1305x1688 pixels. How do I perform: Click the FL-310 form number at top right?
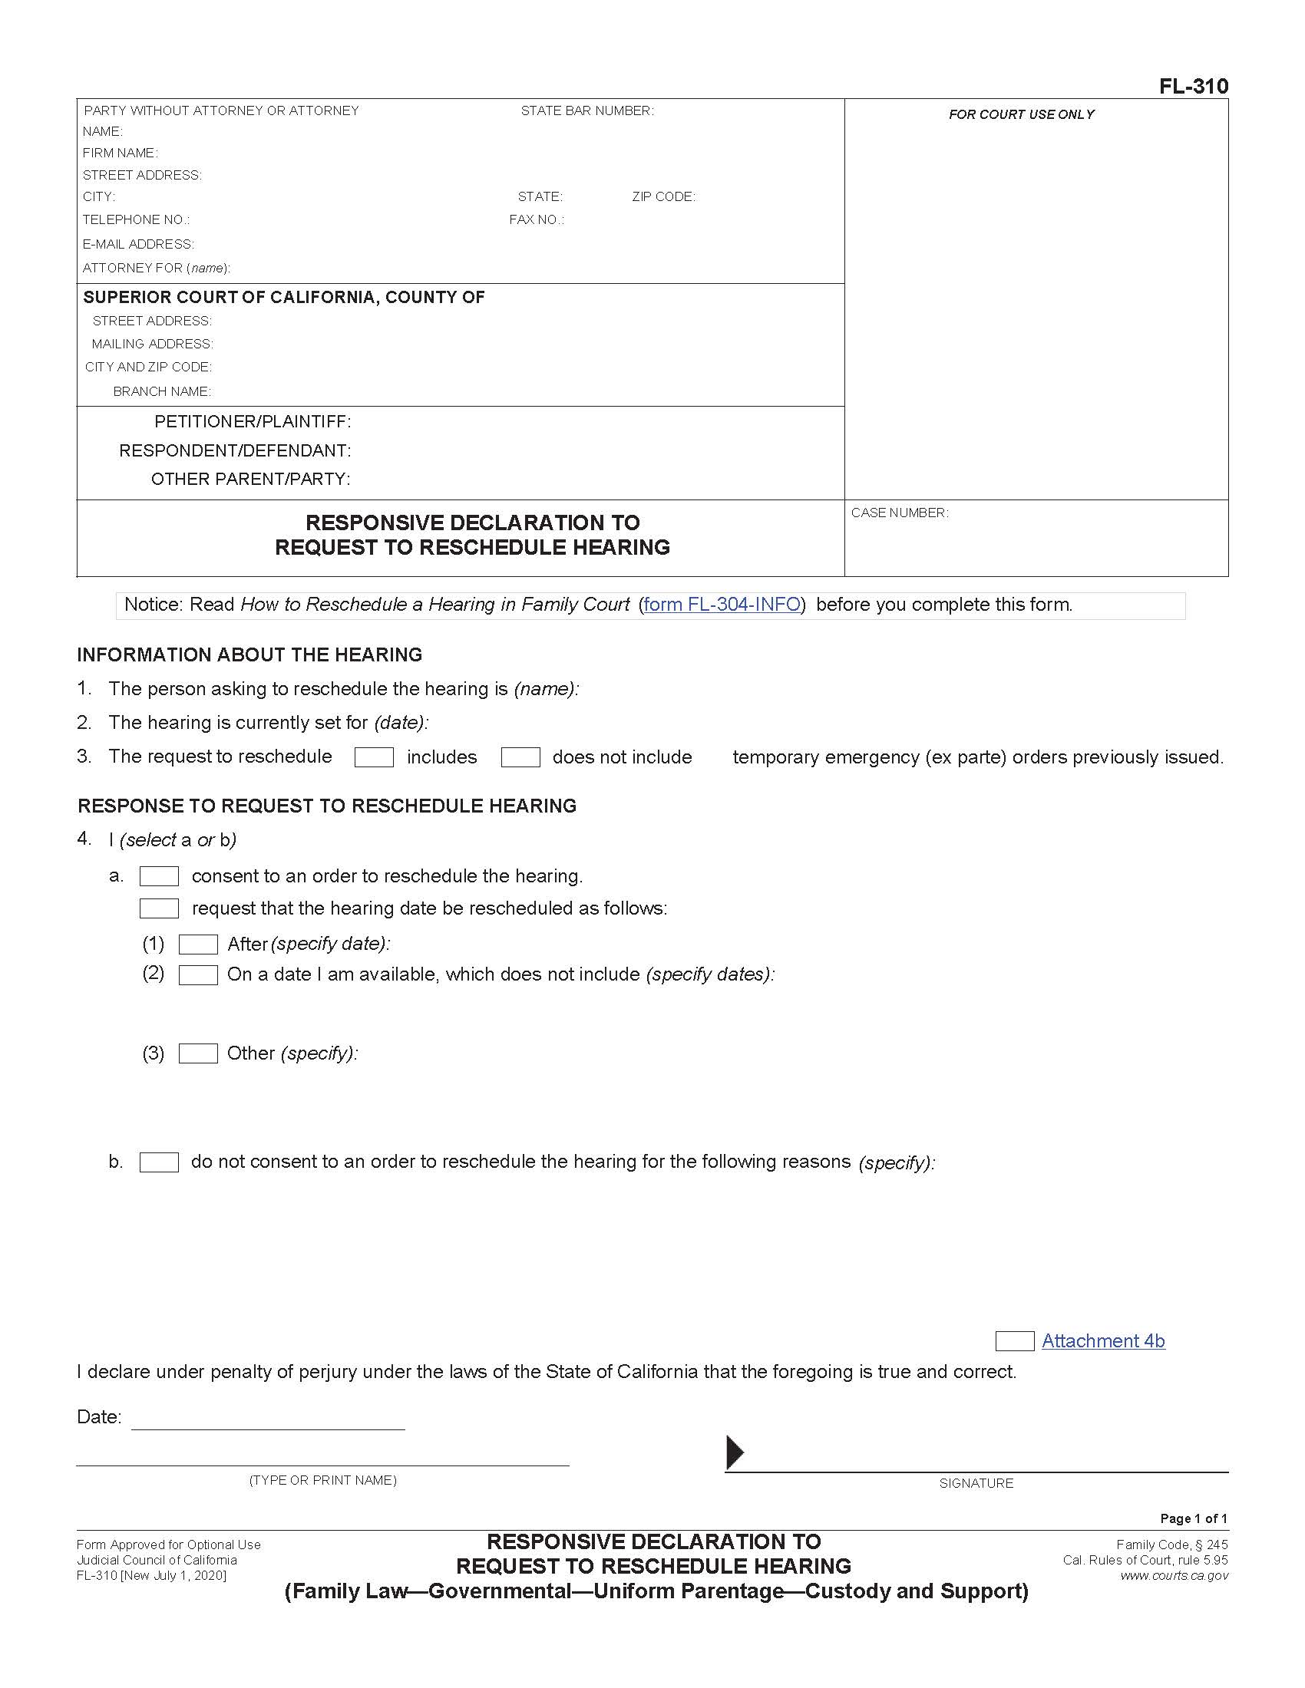[x=1193, y=87]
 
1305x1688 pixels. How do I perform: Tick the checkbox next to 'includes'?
[x=374, y=757]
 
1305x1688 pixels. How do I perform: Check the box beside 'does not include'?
[x=520, y=757]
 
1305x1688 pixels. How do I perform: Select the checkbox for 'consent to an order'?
[x=159, y=876]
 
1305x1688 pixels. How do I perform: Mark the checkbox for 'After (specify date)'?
[x=198, y=945]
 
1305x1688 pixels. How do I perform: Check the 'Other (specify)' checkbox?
[x=198, y=1053]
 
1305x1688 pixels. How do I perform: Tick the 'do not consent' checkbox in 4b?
[x=159, y=1162]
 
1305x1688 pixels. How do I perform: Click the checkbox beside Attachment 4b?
[x=1014, y=1341]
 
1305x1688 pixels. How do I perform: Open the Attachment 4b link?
[x=1102, y=1341]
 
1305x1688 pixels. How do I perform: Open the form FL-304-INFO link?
[x=722, y=605]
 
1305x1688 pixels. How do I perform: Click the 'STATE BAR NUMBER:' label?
[x=586, y=111]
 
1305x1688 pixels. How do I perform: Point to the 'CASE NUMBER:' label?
[x=899, y=513]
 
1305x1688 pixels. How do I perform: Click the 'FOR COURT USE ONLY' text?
[x=1021, y=114]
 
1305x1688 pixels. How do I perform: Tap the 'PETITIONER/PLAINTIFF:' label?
[x=253, y=422]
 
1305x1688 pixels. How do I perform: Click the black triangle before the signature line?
[x=735, y=1452]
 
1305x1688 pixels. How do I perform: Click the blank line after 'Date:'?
[x=267, y=1420]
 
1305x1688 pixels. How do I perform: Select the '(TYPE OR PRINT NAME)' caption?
[x=322, y=1480]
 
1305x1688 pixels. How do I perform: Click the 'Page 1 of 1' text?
[x=1193, y=1518]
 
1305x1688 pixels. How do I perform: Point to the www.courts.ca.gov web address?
[x=1174, y=1575]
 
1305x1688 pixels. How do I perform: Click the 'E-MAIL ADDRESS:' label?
[x=138, y=244]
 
